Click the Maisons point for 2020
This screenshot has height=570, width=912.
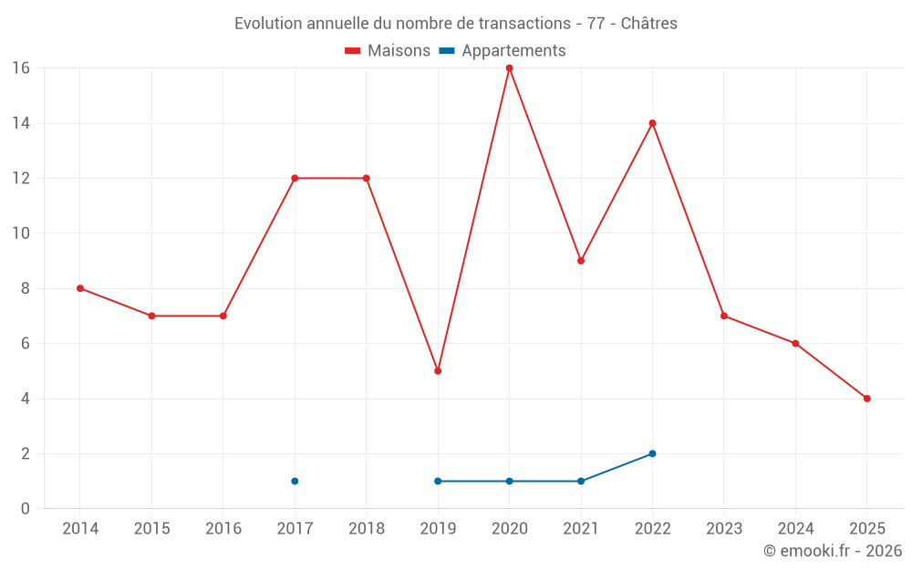509,67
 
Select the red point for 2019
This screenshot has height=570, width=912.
438,371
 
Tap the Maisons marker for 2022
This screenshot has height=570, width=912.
652,123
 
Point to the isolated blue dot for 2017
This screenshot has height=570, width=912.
295,481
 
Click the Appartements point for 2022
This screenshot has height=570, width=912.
652,453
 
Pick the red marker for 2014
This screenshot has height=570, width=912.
80,288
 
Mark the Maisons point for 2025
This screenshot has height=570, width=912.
866,399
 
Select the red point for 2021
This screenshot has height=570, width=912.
581,261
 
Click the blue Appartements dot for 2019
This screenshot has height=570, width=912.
438,481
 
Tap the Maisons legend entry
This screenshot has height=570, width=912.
388,51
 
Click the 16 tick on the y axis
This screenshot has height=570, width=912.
20,68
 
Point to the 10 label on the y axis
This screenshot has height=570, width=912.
20,233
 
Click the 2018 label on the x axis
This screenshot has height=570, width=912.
366,529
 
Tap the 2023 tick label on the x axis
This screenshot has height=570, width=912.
723,529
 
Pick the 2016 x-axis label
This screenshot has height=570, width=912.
223,529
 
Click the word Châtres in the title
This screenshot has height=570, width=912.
648,24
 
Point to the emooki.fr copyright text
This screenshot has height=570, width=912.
832,551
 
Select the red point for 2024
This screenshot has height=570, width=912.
795,344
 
